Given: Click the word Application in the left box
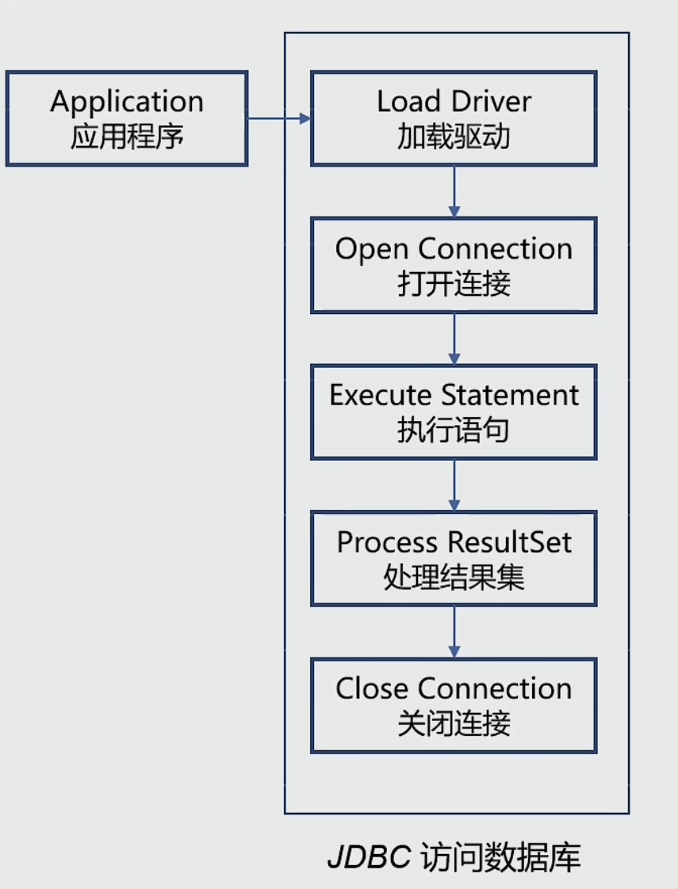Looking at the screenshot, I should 127,102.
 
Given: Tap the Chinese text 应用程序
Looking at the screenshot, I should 127,137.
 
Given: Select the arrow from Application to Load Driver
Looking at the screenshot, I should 278,119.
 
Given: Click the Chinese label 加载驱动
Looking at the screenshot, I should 454,137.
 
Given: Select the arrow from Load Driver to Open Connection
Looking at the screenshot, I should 454,190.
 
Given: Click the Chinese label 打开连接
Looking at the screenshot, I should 454,284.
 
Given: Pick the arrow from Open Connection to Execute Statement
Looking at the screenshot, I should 454,337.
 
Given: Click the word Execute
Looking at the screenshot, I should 380,395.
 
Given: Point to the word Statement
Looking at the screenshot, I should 510,395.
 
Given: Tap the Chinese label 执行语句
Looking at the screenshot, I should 454,431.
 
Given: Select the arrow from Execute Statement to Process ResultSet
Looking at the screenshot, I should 454,484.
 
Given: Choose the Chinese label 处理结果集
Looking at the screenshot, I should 454,577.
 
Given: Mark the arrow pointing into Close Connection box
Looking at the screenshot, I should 454,631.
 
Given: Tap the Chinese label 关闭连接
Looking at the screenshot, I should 454,723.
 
